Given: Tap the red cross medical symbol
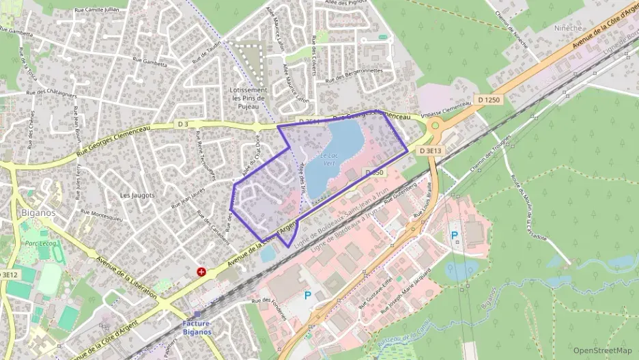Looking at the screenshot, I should pos(201,271).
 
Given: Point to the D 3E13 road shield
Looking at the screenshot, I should pos(431,150).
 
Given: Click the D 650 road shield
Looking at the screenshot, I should pos(373,173).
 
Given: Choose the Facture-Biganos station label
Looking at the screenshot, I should pos(197,327).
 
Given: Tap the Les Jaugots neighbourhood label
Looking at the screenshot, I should pos(137,195).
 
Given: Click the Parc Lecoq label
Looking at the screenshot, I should pos(40,243).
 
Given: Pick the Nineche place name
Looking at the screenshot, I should pos(568,29).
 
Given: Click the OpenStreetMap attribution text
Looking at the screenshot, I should pos(602,350).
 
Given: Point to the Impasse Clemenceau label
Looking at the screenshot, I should pos(446,108).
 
